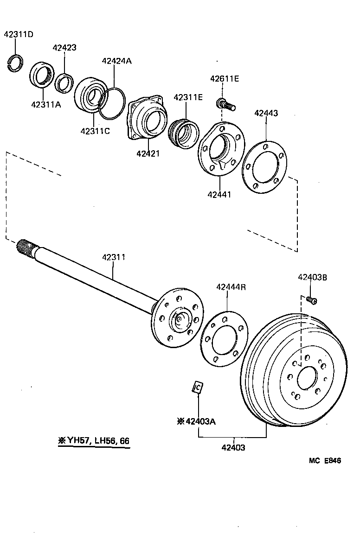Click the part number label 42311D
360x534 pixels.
click(x=19, y=34)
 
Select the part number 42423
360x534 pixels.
click(x=64, y=48)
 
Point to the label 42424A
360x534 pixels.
click(x=116, y=61)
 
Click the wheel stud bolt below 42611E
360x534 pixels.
click(x=226, y=105)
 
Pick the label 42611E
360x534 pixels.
click(x=224, y=79)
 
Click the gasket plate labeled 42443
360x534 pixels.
click(x=264, y=167)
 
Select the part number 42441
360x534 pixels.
click(x=219, y=195)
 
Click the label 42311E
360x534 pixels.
click(x=188, y=97)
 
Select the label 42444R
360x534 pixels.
click(x=231, y=287)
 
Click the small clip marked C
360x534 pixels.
click(x=198, y=387)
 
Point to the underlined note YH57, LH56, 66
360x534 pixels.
click(x=93, y=441)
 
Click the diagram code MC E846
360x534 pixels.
click(x=325, y=461)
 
